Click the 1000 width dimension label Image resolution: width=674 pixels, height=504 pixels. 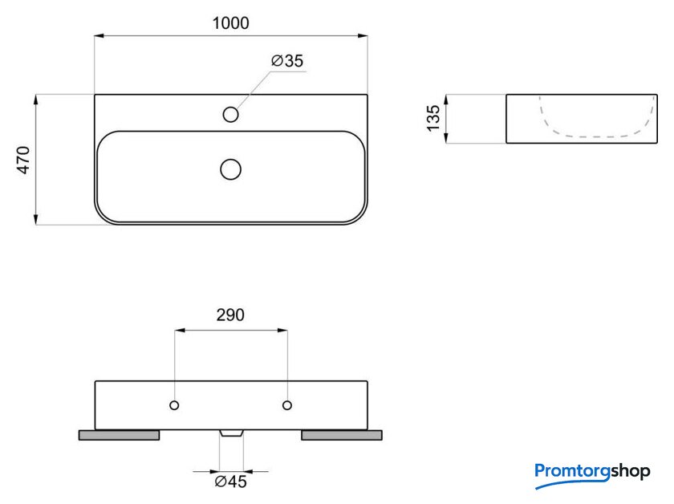[230, 23]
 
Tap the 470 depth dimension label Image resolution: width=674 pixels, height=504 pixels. [23, 160]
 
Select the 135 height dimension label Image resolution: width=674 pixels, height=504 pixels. [433, 118]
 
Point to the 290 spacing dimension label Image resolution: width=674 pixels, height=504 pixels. [230, 315]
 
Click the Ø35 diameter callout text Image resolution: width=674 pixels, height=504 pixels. [287, 61]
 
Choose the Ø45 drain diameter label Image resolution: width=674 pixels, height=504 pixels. [231, 482]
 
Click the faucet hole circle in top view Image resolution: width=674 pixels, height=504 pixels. [231, 115]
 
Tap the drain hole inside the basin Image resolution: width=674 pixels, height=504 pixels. [231, 169]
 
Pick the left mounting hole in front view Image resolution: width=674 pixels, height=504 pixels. [174, 405]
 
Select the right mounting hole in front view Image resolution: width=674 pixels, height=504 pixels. [287, 405]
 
